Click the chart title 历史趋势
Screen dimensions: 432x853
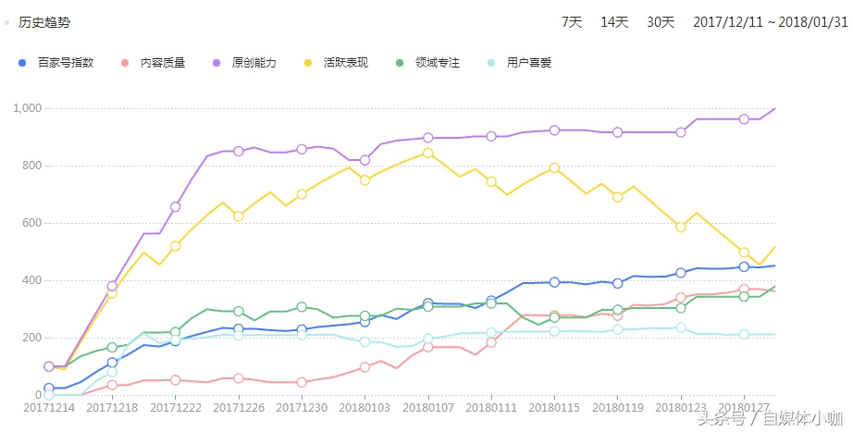point(44,22)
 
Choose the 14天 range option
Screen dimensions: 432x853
point(614,22)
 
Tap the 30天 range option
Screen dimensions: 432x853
point(661,22)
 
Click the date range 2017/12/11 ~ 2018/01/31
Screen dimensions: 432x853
point(770,22)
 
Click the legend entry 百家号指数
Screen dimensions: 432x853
point(65,63)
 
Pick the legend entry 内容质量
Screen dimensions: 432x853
point(162,63)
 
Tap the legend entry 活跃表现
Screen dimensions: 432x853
point(345,63)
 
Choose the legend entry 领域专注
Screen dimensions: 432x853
point(437,63)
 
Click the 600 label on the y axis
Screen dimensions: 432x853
point(34,223)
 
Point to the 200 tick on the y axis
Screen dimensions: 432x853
point(34,338)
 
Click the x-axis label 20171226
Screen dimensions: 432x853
point(239,407)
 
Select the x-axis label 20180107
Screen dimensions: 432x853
point(427,407)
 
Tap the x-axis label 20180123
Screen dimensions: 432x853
point(681,407)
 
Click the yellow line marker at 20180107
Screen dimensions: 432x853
point(427,154)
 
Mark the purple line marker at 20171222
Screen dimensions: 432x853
point(176,206)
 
